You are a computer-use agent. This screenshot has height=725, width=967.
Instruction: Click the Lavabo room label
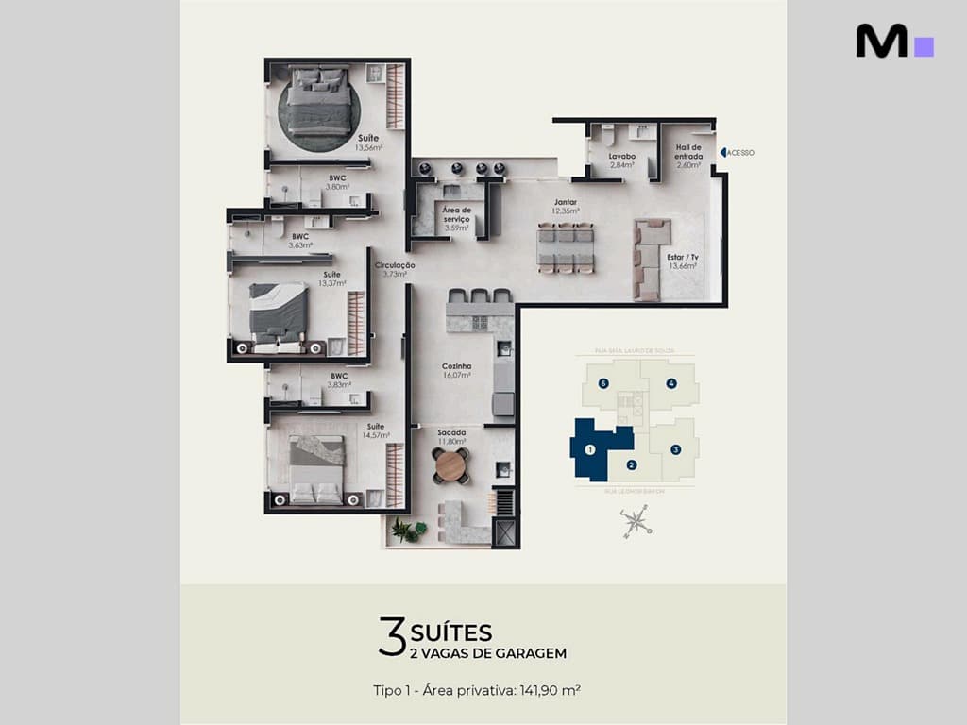tap(621, 157)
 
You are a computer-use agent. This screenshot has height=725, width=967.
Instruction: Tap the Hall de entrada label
tap(688, 152)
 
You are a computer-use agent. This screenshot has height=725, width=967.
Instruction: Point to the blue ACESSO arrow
tap(723, 152)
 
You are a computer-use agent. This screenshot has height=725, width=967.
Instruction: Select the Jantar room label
tap(566, 202)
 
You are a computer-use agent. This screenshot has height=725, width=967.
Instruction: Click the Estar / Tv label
tap(682, 256)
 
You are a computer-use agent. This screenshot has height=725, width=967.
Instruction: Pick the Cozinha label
tap(456, 366)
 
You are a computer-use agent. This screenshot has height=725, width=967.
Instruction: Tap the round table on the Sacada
tap(450, 465)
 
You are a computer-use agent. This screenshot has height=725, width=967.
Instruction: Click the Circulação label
tap(394, 266)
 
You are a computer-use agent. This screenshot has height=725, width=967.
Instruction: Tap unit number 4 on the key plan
tap(671, 383)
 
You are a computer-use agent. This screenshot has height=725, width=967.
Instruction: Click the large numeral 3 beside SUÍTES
tap(391, 637)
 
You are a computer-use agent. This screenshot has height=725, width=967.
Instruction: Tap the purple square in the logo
tap(925, 47)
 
